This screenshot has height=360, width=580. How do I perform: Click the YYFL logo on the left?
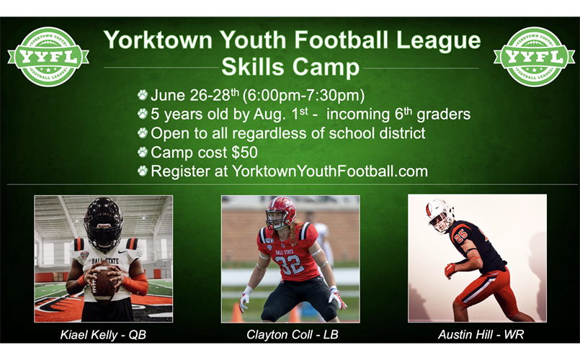[x=48, y=57]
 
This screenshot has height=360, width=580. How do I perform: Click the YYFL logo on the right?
[x=534, y=57]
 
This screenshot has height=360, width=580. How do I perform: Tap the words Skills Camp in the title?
[x=290, y=67]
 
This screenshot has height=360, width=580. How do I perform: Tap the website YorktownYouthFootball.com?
[x=330, y=171]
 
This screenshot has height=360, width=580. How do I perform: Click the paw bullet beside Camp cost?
[x=143, y=153]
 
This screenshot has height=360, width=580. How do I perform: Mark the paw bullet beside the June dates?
[x=143, y=95]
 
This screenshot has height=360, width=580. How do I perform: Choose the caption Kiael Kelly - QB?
[x=103, y=335]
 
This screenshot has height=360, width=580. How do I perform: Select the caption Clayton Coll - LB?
[x=290, y=335]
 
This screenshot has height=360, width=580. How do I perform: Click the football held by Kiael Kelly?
[x=104, y=280]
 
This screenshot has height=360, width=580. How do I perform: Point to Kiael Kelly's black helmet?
[x=103, y=221]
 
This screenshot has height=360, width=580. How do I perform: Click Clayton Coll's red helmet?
[x=280, y=212]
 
